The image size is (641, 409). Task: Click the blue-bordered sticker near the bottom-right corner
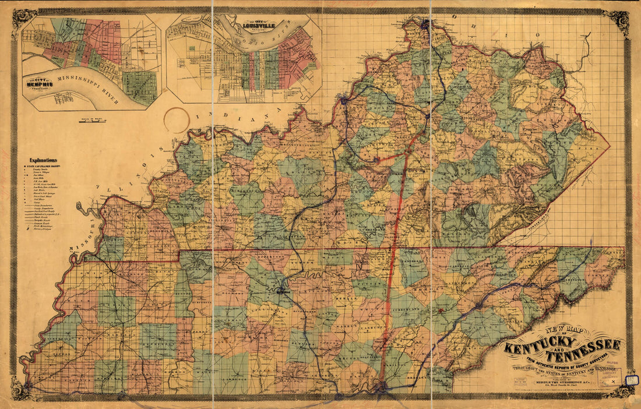[x=629, y=380]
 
